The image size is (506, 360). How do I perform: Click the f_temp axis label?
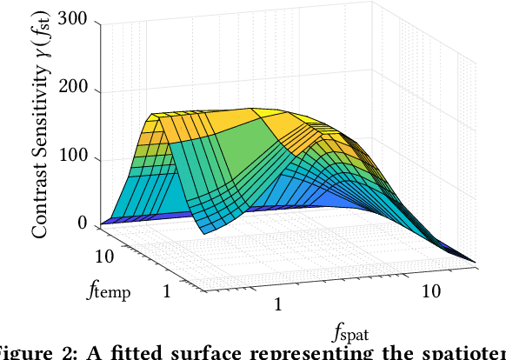coord(110,291)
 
